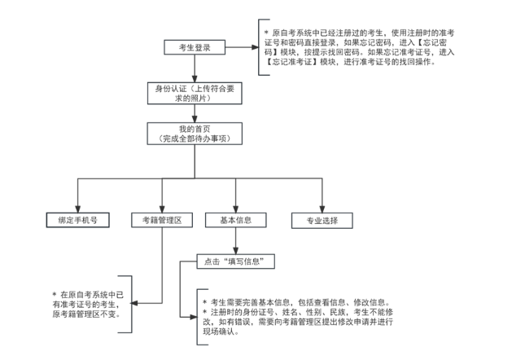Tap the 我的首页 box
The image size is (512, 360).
(194, 134)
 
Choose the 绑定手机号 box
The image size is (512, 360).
(77, 221)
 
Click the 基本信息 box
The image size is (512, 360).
(235, 221)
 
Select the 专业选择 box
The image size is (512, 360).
(322, 221)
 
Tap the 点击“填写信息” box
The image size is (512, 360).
(235, 262)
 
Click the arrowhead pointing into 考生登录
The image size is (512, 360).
(230, 47)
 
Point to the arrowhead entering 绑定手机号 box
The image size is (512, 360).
(77, 209)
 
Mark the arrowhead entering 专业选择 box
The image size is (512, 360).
(322, 209)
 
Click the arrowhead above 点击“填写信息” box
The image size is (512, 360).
(235, 252)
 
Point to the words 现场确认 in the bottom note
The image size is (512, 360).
(220, 331)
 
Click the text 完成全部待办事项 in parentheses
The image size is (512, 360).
(194, 138)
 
